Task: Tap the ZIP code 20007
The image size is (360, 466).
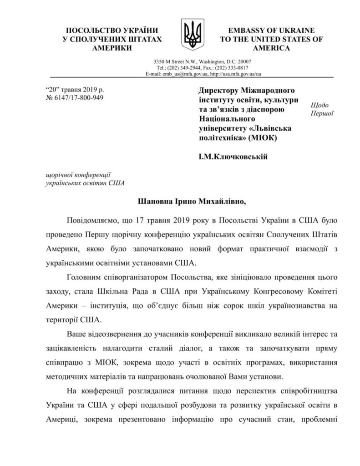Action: tap(242, 61)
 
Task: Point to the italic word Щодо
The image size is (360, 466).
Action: tap(319, 104)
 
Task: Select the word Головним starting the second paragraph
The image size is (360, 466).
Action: tap(84, 277)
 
